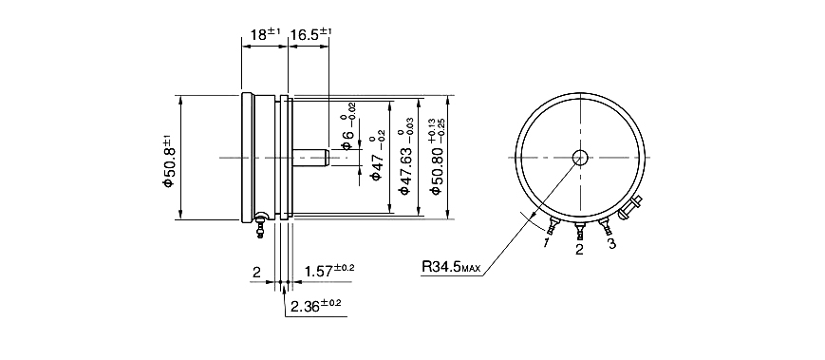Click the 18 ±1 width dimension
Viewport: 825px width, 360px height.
pos(266,35)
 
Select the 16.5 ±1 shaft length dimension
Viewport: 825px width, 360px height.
pos(311,35)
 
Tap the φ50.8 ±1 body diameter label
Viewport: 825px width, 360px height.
pos(168,161)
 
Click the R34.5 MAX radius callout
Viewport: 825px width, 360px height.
pos(451,266)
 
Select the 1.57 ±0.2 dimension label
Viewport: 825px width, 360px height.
pos(329,271)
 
